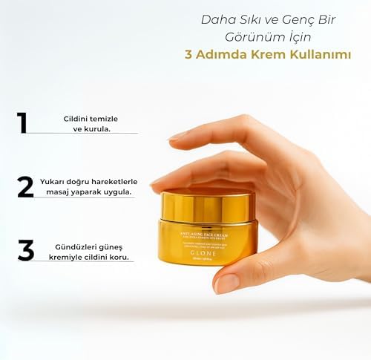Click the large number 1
(22, 122)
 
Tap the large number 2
(25, 186)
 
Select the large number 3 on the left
(26, 250)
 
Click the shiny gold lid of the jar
(208, 205)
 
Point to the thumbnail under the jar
(226, 284)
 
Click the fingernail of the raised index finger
(179, 136)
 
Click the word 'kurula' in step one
(99, 128)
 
